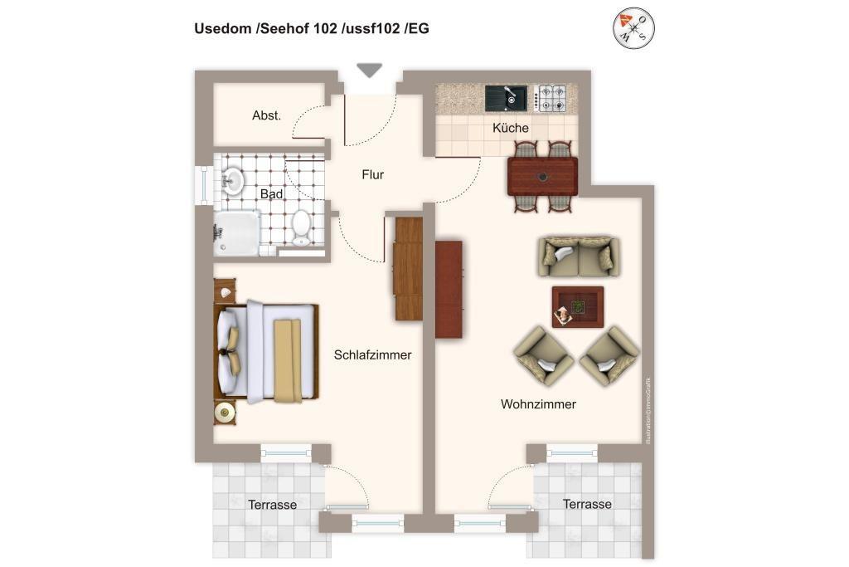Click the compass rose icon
[x=633, y=28]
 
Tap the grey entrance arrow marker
[x=369, y=71]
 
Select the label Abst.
[x=266, y=115]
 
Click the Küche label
[x=510, y=128]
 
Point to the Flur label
[x=373, y=174]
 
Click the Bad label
[x=271, y=193]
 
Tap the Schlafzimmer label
[x=372, y=354]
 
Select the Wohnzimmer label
[x=538, y=404]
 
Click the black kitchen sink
[x=506, y=98]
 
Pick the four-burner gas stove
[x=551, y=98]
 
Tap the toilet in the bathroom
[x=301, y=226]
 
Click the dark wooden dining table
[x=542, y=176]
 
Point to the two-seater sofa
[x=578, y=256]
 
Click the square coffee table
[x=577, y=306]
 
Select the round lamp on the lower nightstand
[x=224, y=412]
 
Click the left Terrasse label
[x=272, y=504]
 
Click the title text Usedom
[x=223, y=28]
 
